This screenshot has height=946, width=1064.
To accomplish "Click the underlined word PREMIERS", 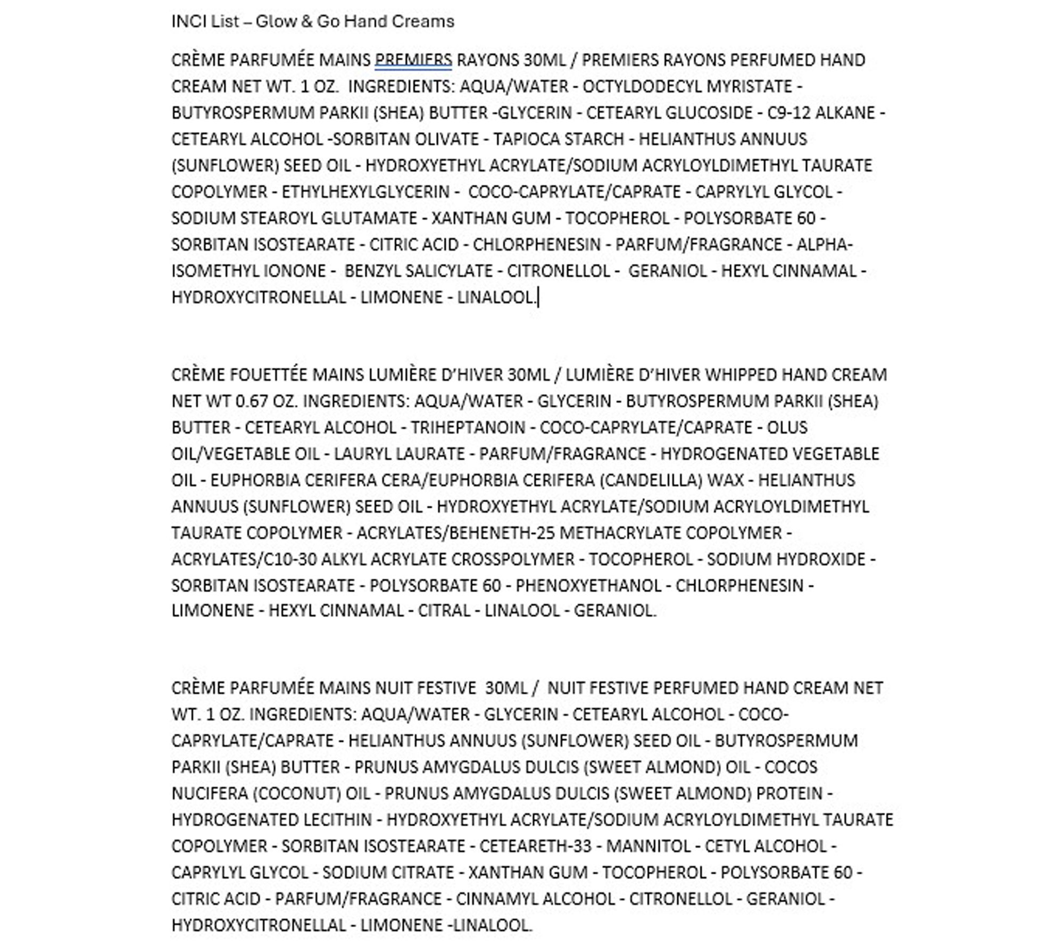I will (413, 60).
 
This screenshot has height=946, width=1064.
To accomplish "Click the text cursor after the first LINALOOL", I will (538, 297).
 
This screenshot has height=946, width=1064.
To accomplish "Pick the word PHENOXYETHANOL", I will (588, 585).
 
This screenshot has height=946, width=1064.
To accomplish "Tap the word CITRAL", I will (444, 610).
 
